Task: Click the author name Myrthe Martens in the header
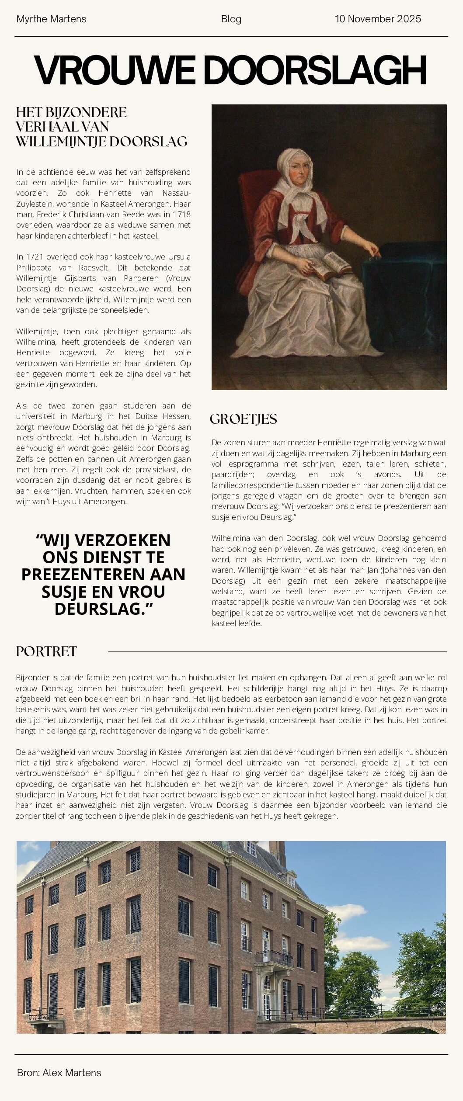click(51, 19)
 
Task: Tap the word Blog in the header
click(231, 19)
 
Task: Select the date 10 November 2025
click(378, 19)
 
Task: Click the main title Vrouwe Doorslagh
click(230, 70)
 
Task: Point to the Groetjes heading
click(243, 419)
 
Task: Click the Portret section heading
click(46, 651)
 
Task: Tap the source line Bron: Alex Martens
click(59, 1072)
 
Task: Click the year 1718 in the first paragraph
click(181, 215)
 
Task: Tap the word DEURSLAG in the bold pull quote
click(100, 608)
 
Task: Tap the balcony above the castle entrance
click(274, 958)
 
